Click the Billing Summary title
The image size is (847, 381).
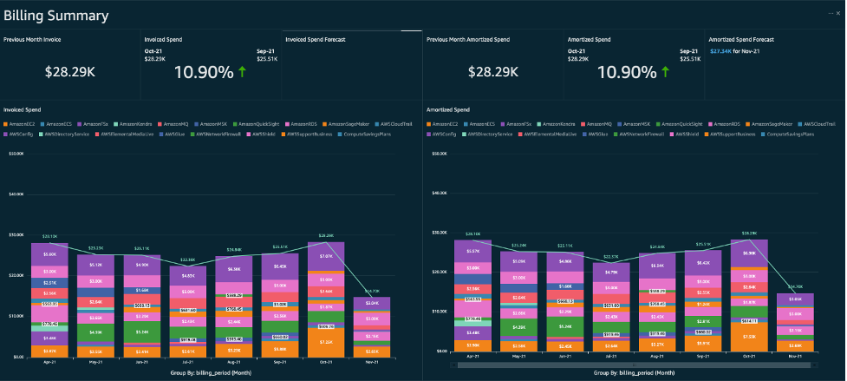pyautogui.click(x=56, y=16)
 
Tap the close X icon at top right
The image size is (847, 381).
pyautogui.click(x=837, y=14)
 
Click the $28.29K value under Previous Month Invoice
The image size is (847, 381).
pyautogui.click(x=68, y=72)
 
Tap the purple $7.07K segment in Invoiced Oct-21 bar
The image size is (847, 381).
pyautogui.click(x=326, y=257)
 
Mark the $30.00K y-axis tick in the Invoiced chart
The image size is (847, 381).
pyautogui.click(x=15, y=234)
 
